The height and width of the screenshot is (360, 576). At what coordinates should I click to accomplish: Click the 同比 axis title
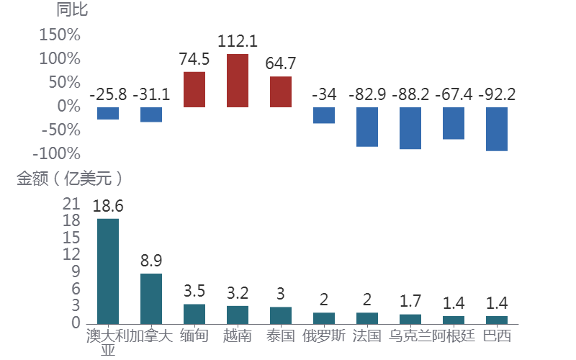[72, 10]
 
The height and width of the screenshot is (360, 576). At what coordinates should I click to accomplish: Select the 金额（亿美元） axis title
[70, 179]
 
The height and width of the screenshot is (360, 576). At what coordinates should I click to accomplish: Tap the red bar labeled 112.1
[238, 81]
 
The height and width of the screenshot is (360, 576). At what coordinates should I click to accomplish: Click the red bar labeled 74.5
[194, 89]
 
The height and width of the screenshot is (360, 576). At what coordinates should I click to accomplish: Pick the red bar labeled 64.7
[281, 92]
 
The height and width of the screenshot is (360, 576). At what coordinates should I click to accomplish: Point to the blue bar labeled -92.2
[497, 129]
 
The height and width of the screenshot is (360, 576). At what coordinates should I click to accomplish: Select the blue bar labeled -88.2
[410, 128]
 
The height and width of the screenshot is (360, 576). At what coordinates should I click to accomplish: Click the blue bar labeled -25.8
[108, 113]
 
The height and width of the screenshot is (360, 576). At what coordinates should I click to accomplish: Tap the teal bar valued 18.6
[108, 271]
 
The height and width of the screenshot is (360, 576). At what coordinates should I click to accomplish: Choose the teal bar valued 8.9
[151, 298]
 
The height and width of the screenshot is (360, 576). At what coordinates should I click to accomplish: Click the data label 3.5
[194, 292]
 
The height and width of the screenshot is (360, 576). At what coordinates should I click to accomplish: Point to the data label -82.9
[367, 94]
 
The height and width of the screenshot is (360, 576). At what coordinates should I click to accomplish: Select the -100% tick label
[56, 153]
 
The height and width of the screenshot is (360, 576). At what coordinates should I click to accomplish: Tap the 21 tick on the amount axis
[71, 204]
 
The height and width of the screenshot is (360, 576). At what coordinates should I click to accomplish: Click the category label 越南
[238, 336]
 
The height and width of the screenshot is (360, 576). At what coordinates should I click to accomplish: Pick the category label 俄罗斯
[324, 336]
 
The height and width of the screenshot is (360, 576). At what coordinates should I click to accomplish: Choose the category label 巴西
[497, 336]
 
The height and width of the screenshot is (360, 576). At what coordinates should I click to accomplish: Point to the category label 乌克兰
[410, 336]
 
